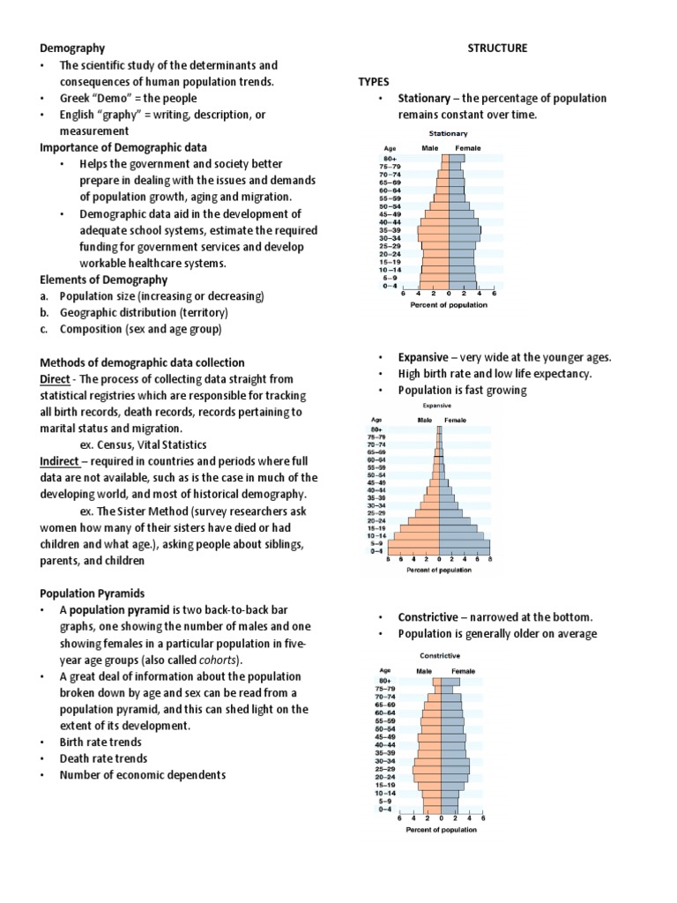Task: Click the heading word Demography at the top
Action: click(x=73, y=49)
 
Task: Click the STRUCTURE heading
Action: click(x=497, y=49)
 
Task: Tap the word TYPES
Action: click(x=374, y=81)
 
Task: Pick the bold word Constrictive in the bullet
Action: click(x=428, y=616)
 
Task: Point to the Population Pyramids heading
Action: click(x=93, y=593)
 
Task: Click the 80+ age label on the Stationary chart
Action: click(x=391, y=159)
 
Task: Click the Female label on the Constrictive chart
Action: click(x=462, y=670)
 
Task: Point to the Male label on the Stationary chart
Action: click(x=429, y=148)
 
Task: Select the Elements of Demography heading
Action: click(x=103, y=280)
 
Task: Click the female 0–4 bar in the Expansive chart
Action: click(x=465, y=551)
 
